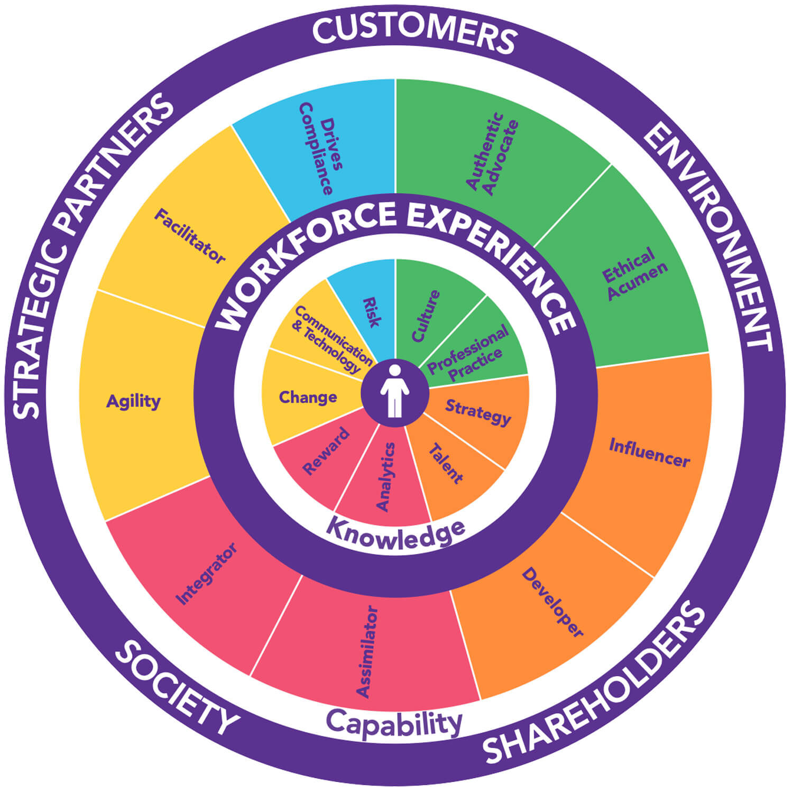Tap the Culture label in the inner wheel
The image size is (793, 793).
tap(426, 316)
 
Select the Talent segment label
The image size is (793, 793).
tap(445, 464)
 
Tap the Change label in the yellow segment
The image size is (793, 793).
tap(308, 397)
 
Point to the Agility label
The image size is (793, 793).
tap(133, 401)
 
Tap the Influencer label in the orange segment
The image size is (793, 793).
tap(649, 453)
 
